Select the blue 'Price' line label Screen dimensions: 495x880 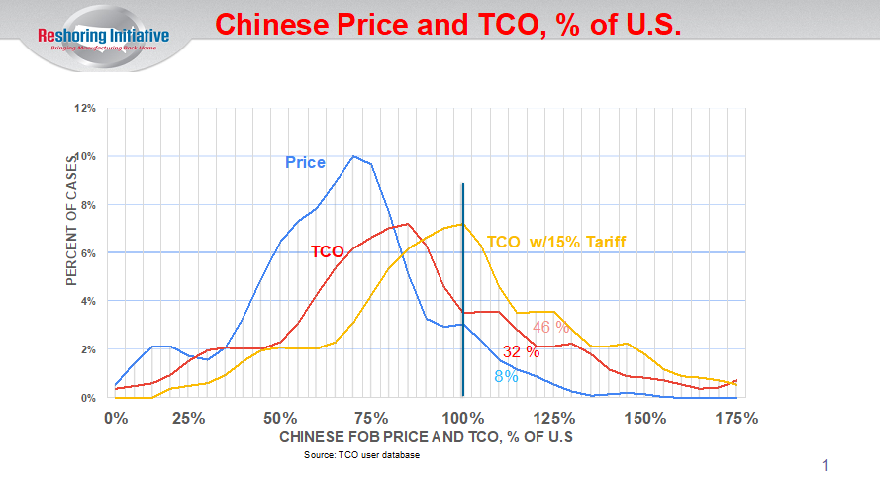click(305, 162)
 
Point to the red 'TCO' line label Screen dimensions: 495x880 click(328, 251)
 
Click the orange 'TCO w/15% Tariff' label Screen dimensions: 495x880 click(556, 242)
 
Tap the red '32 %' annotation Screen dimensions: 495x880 click(521, 351)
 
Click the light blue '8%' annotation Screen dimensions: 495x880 click(505, 376)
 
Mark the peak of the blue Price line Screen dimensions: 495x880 click(353, 156)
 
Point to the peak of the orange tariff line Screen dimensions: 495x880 click(461, 224)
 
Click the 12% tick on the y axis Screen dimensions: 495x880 click(85, 108)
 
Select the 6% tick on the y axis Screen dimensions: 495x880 click(88, 252)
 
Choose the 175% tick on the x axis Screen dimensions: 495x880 click(735, 418)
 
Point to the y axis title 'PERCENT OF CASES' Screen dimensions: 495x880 click(72, 219)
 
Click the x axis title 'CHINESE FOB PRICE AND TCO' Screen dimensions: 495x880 click(427, 437)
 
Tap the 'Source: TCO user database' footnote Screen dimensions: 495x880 click(362, 456)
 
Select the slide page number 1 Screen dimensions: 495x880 click(825, 465)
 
